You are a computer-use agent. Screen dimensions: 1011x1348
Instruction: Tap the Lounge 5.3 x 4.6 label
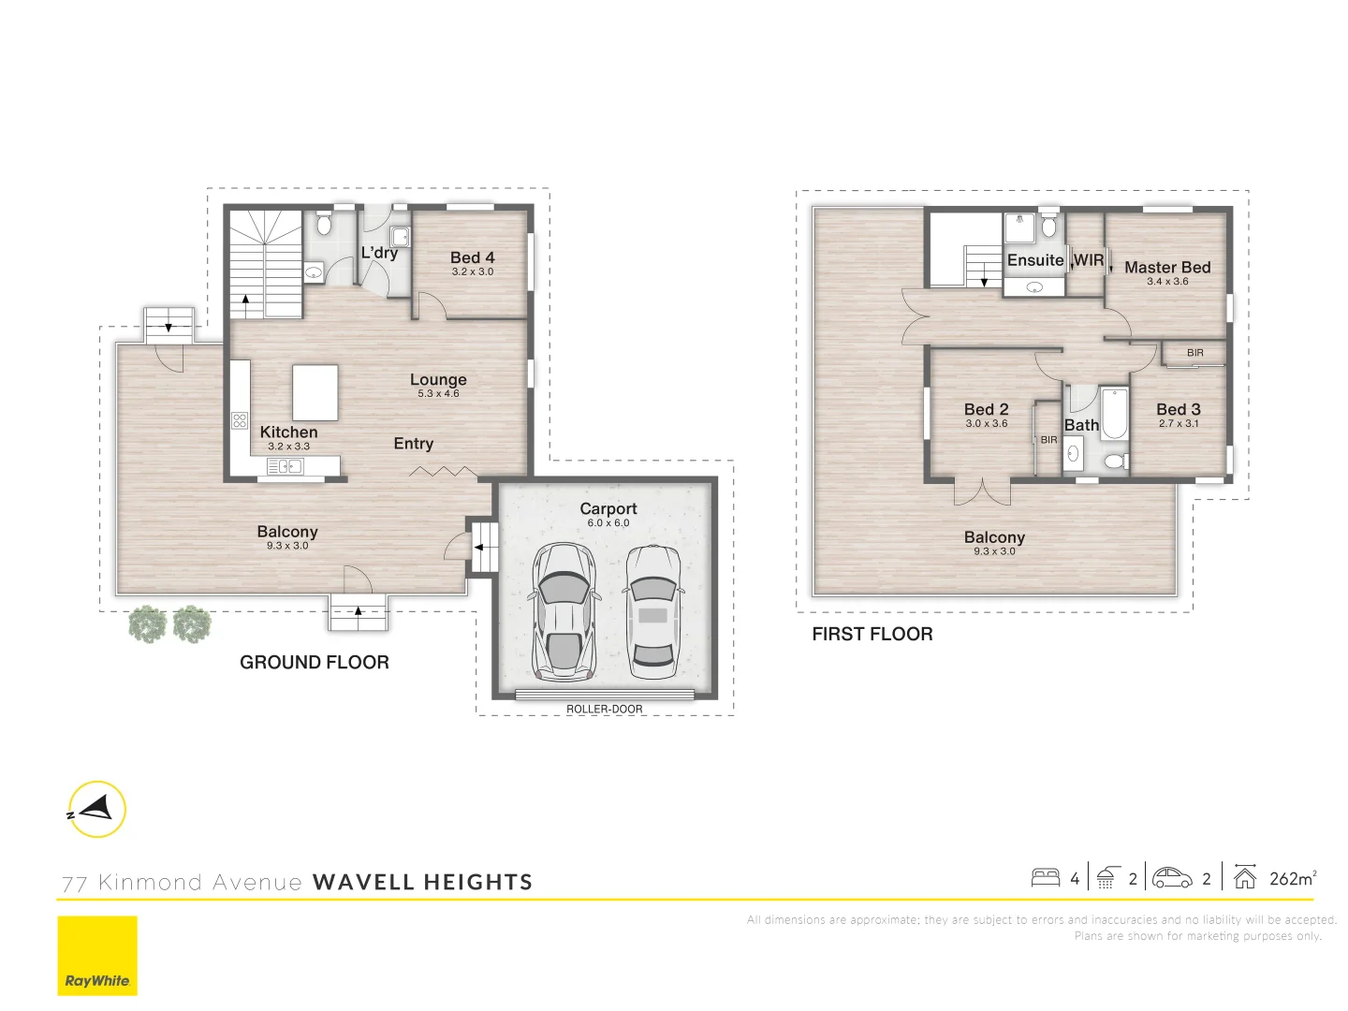[x=438, y=384]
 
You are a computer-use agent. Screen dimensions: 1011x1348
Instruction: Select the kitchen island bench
[x=315, y=393]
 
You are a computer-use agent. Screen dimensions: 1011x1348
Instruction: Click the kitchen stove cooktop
[x=240, y=420]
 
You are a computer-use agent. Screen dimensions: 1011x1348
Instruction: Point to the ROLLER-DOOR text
[x=605, y=710]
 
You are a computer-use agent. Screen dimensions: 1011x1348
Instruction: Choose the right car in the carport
[x=652, y=612]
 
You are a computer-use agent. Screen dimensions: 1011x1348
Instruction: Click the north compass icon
[x=96, y=809]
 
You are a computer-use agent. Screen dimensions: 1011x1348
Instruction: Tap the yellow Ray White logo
[x=97, y=956]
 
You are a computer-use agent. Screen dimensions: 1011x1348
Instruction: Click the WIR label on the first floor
[x=1088, y=260]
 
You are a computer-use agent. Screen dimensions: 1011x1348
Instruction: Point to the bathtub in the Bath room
[x=1114, y=415]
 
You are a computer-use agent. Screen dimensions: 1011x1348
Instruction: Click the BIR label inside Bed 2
[x=1048, y=440]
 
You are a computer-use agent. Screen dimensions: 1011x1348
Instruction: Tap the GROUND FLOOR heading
[x=315, y=663]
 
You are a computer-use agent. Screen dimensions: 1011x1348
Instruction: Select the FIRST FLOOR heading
[x=872, y=635]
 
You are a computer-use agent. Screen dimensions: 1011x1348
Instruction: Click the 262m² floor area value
[x=1292, y=878]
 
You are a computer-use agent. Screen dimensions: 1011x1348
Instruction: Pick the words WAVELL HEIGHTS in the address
[x=422, y=882]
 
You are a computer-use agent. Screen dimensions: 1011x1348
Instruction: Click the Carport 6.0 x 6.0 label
[x=608, y=514]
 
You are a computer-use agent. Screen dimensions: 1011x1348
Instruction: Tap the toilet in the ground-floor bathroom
[x=324, y=225]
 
